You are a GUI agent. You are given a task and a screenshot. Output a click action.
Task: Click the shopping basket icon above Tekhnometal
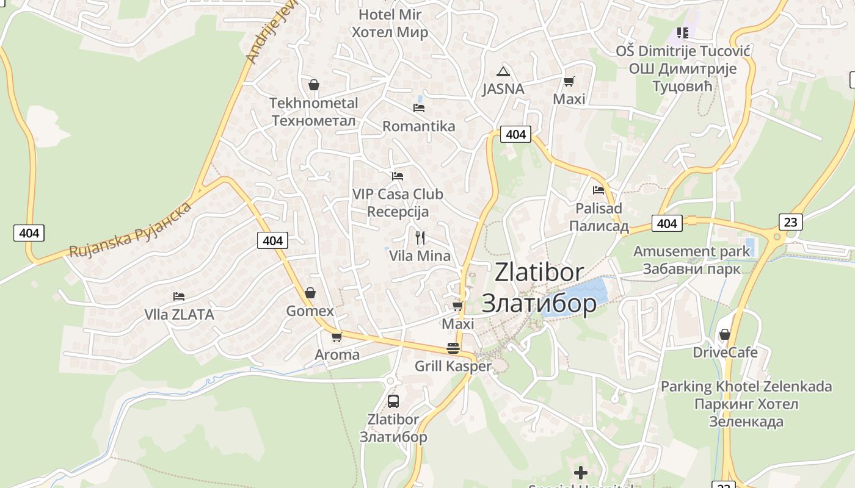[314, 85]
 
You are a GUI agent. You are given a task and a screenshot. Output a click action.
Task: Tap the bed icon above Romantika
[419, 108]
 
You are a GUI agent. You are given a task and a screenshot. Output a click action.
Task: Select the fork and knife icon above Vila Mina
[420, 237]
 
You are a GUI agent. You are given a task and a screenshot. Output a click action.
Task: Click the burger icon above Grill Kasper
[453, 348]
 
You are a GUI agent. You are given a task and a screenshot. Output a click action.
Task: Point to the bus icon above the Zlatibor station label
[393, 401]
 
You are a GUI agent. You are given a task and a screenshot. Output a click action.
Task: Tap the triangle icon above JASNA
[503, 71]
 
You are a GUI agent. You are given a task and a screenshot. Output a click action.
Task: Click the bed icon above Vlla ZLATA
[179, 296]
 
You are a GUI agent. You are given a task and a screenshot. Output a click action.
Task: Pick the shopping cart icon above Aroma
[337, 337]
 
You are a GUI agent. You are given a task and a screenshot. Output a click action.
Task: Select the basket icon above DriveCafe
[725, 334]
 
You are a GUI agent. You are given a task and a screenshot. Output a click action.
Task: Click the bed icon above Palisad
[598, 190]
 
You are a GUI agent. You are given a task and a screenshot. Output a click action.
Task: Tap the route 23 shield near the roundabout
[790, 221]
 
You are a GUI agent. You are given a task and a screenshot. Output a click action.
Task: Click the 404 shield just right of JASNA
[516, 134]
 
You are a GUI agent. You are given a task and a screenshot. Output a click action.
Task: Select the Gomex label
[310, 311]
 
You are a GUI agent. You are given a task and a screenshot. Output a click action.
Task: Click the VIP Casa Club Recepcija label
[398, 203]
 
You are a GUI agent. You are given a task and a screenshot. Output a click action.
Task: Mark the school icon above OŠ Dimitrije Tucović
[682, 32]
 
